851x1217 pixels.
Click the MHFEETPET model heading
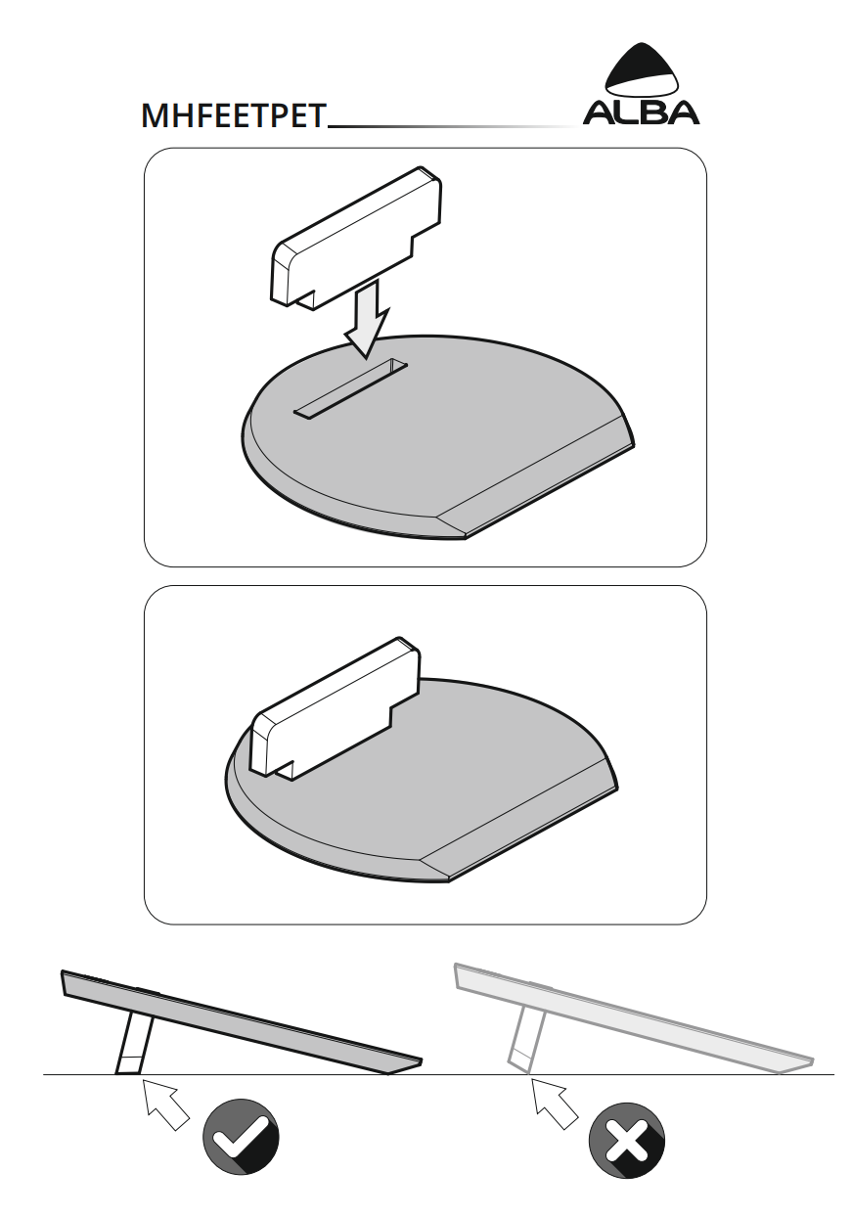tap(234, 115)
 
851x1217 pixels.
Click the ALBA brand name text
tap(641, 113)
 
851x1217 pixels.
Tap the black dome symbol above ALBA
tap(642, 69)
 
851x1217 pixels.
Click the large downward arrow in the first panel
tap(368, 321)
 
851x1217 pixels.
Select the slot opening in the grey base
tap(350, 388)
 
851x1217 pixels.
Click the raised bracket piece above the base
tap(357, 238)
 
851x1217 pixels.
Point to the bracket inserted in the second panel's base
tap(335, 708)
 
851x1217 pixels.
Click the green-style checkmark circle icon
tap(241, 1137)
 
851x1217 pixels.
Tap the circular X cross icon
tap(627, 1141)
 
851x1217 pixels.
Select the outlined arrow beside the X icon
tap(554, 1103)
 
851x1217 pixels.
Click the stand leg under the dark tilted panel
tap(134, 1044)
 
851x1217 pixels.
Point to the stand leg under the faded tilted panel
tap(526, 1040)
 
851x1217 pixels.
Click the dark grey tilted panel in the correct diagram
tap(242, 1022)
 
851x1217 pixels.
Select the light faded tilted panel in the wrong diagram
tap(633, 1018)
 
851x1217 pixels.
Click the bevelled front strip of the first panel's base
tap(536, 477)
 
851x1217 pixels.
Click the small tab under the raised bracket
tap(306, 300)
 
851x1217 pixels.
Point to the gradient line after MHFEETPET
tap(454, 127)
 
